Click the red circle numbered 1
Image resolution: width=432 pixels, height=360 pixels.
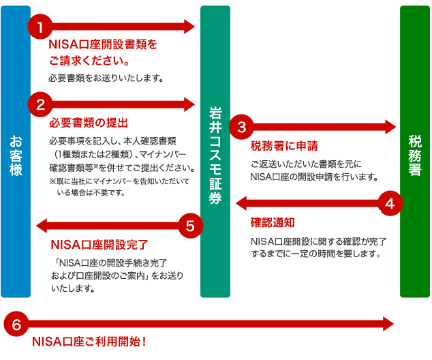(x=40, y=27)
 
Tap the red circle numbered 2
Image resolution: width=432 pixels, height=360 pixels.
(x=40, y=104)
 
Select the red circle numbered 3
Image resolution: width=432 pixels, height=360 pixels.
(x=241, y=126)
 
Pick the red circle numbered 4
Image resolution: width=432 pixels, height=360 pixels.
(x=389, y=202)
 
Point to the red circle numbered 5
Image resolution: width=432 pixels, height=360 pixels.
(x=191, y=225)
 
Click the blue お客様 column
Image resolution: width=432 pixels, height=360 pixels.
(x=16, y=151)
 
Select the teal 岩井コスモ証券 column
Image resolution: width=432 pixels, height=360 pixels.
(x=215, y=151)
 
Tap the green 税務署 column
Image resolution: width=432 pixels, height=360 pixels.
(x=414, y=151)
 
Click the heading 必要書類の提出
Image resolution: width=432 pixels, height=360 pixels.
(x=89, y=123)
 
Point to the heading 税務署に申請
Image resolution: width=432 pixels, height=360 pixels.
(x=284, y=145)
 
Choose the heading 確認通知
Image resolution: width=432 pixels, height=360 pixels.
(x=273, y=222)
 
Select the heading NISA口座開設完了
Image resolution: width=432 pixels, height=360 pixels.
(x=99, y=244)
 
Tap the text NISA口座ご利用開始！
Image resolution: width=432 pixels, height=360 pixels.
(x=89, y=341)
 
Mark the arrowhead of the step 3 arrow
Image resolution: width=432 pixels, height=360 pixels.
(x=390, y=126)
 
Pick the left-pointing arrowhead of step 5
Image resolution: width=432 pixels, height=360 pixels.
(x=42, y=225)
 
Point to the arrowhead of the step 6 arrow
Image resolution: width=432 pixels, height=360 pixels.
(x=389, y=322)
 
